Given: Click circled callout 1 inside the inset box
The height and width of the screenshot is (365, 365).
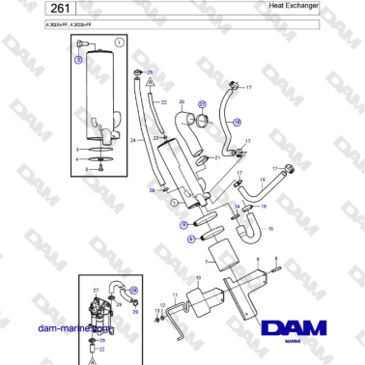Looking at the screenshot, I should click(118, 43).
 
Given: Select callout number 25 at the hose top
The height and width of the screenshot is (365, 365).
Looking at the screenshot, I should click(151, 72).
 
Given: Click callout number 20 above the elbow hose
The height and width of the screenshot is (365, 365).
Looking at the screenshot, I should click(182, 101).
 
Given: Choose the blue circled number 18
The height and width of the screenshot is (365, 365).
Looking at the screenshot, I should click(238, 123).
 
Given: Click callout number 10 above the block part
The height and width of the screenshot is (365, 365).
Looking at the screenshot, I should click(198, 278).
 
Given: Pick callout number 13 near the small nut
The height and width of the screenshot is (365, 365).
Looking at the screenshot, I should click(157, 311).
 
